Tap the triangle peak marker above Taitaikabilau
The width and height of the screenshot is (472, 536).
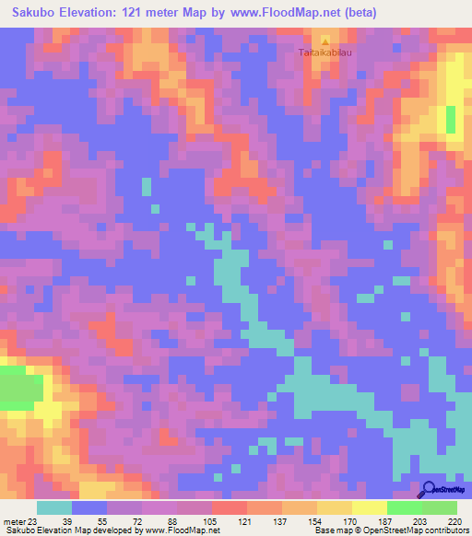coord(325,41)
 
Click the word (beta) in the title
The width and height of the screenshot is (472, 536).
coord(355,13)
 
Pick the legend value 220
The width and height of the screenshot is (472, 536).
coord(454,520)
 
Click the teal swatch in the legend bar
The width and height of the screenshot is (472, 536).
coord(54,507)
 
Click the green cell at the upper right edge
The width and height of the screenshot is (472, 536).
coord(451,119)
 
